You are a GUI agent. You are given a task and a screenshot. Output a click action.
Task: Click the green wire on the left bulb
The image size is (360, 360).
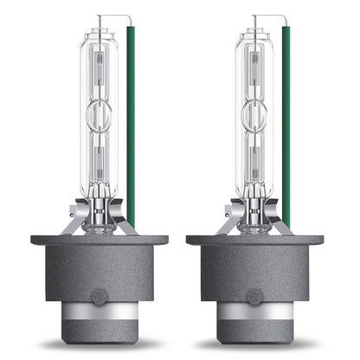[131, 130]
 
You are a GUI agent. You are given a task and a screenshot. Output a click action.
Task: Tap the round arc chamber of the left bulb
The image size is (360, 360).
[104, 112]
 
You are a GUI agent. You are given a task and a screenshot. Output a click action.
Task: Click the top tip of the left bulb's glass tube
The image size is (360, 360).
[104, 31]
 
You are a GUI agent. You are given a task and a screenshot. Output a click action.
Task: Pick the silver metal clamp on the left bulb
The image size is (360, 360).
[104, 216]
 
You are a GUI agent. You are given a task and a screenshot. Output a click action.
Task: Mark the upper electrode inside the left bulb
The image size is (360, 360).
[104, 69]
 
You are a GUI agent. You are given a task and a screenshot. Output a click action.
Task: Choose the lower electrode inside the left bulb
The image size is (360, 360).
[104, 156]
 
